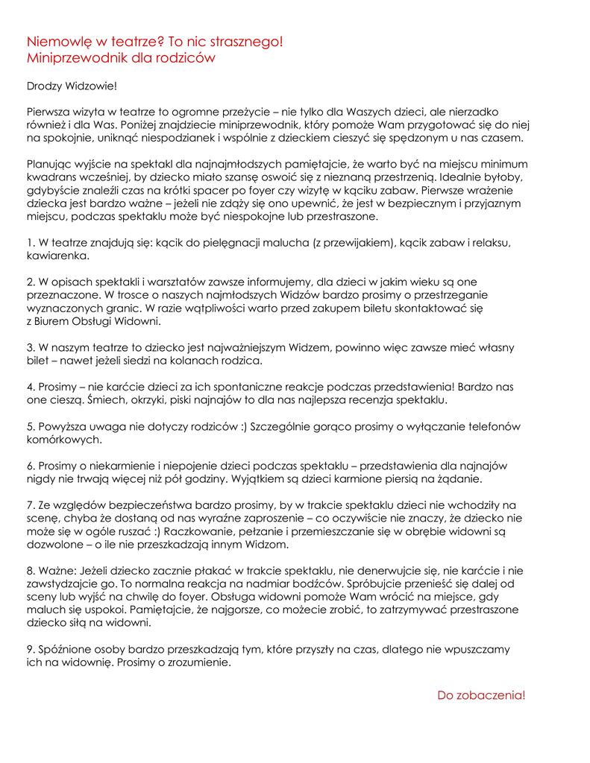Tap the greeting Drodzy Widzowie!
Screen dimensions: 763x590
tap(72, 87)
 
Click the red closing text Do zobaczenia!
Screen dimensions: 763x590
tap(481, 695)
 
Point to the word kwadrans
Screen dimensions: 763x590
tap(51, 177)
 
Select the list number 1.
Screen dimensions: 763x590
tap(30, 243)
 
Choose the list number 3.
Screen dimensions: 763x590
tap(30, 347)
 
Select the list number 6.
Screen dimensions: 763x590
tap(30, 466)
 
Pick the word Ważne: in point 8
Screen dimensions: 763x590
tap(57, 570)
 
